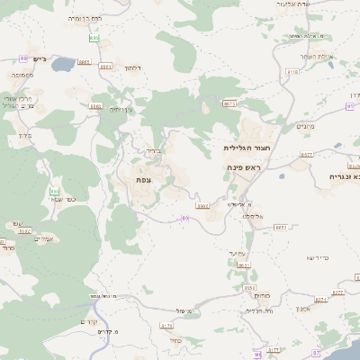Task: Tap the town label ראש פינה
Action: point(243,167)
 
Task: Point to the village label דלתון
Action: point(132,67)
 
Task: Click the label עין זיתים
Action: point(121,109)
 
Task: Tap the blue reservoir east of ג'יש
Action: point(62,65)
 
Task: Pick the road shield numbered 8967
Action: point(84,62)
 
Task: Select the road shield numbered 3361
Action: point(105,66)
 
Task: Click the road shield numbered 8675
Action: point(229,104)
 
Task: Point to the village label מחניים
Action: point(305,127)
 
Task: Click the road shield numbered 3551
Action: point(249,288)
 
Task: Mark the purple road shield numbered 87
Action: point(315,353)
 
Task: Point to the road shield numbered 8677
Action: point(306,155)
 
